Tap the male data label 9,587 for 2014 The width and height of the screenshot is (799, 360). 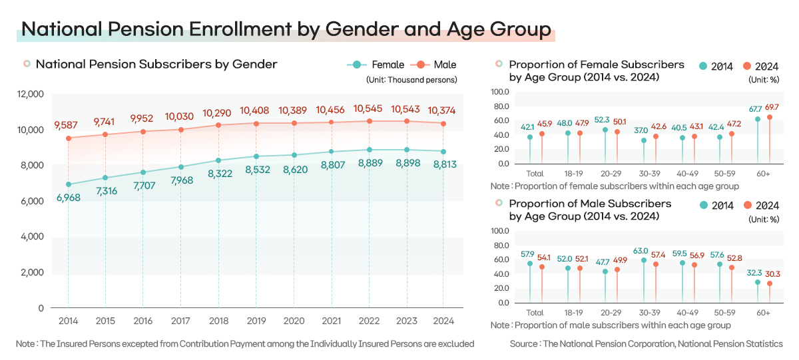click(67, 124)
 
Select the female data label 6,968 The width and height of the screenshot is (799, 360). click(67, 197)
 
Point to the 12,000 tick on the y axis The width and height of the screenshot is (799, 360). click(30, 94)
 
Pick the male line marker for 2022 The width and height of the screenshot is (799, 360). click(369, 121)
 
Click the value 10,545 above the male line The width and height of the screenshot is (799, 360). click(368, 108)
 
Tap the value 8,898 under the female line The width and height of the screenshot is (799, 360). click(406, 164)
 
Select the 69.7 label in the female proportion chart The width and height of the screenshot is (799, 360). click(772, 107)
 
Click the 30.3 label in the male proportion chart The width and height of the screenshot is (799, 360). click(772, 273)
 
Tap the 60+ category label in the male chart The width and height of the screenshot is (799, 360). click(763, 313)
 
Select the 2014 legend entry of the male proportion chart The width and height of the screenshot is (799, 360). click(716, 206)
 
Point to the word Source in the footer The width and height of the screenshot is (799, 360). click(524, 343)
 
